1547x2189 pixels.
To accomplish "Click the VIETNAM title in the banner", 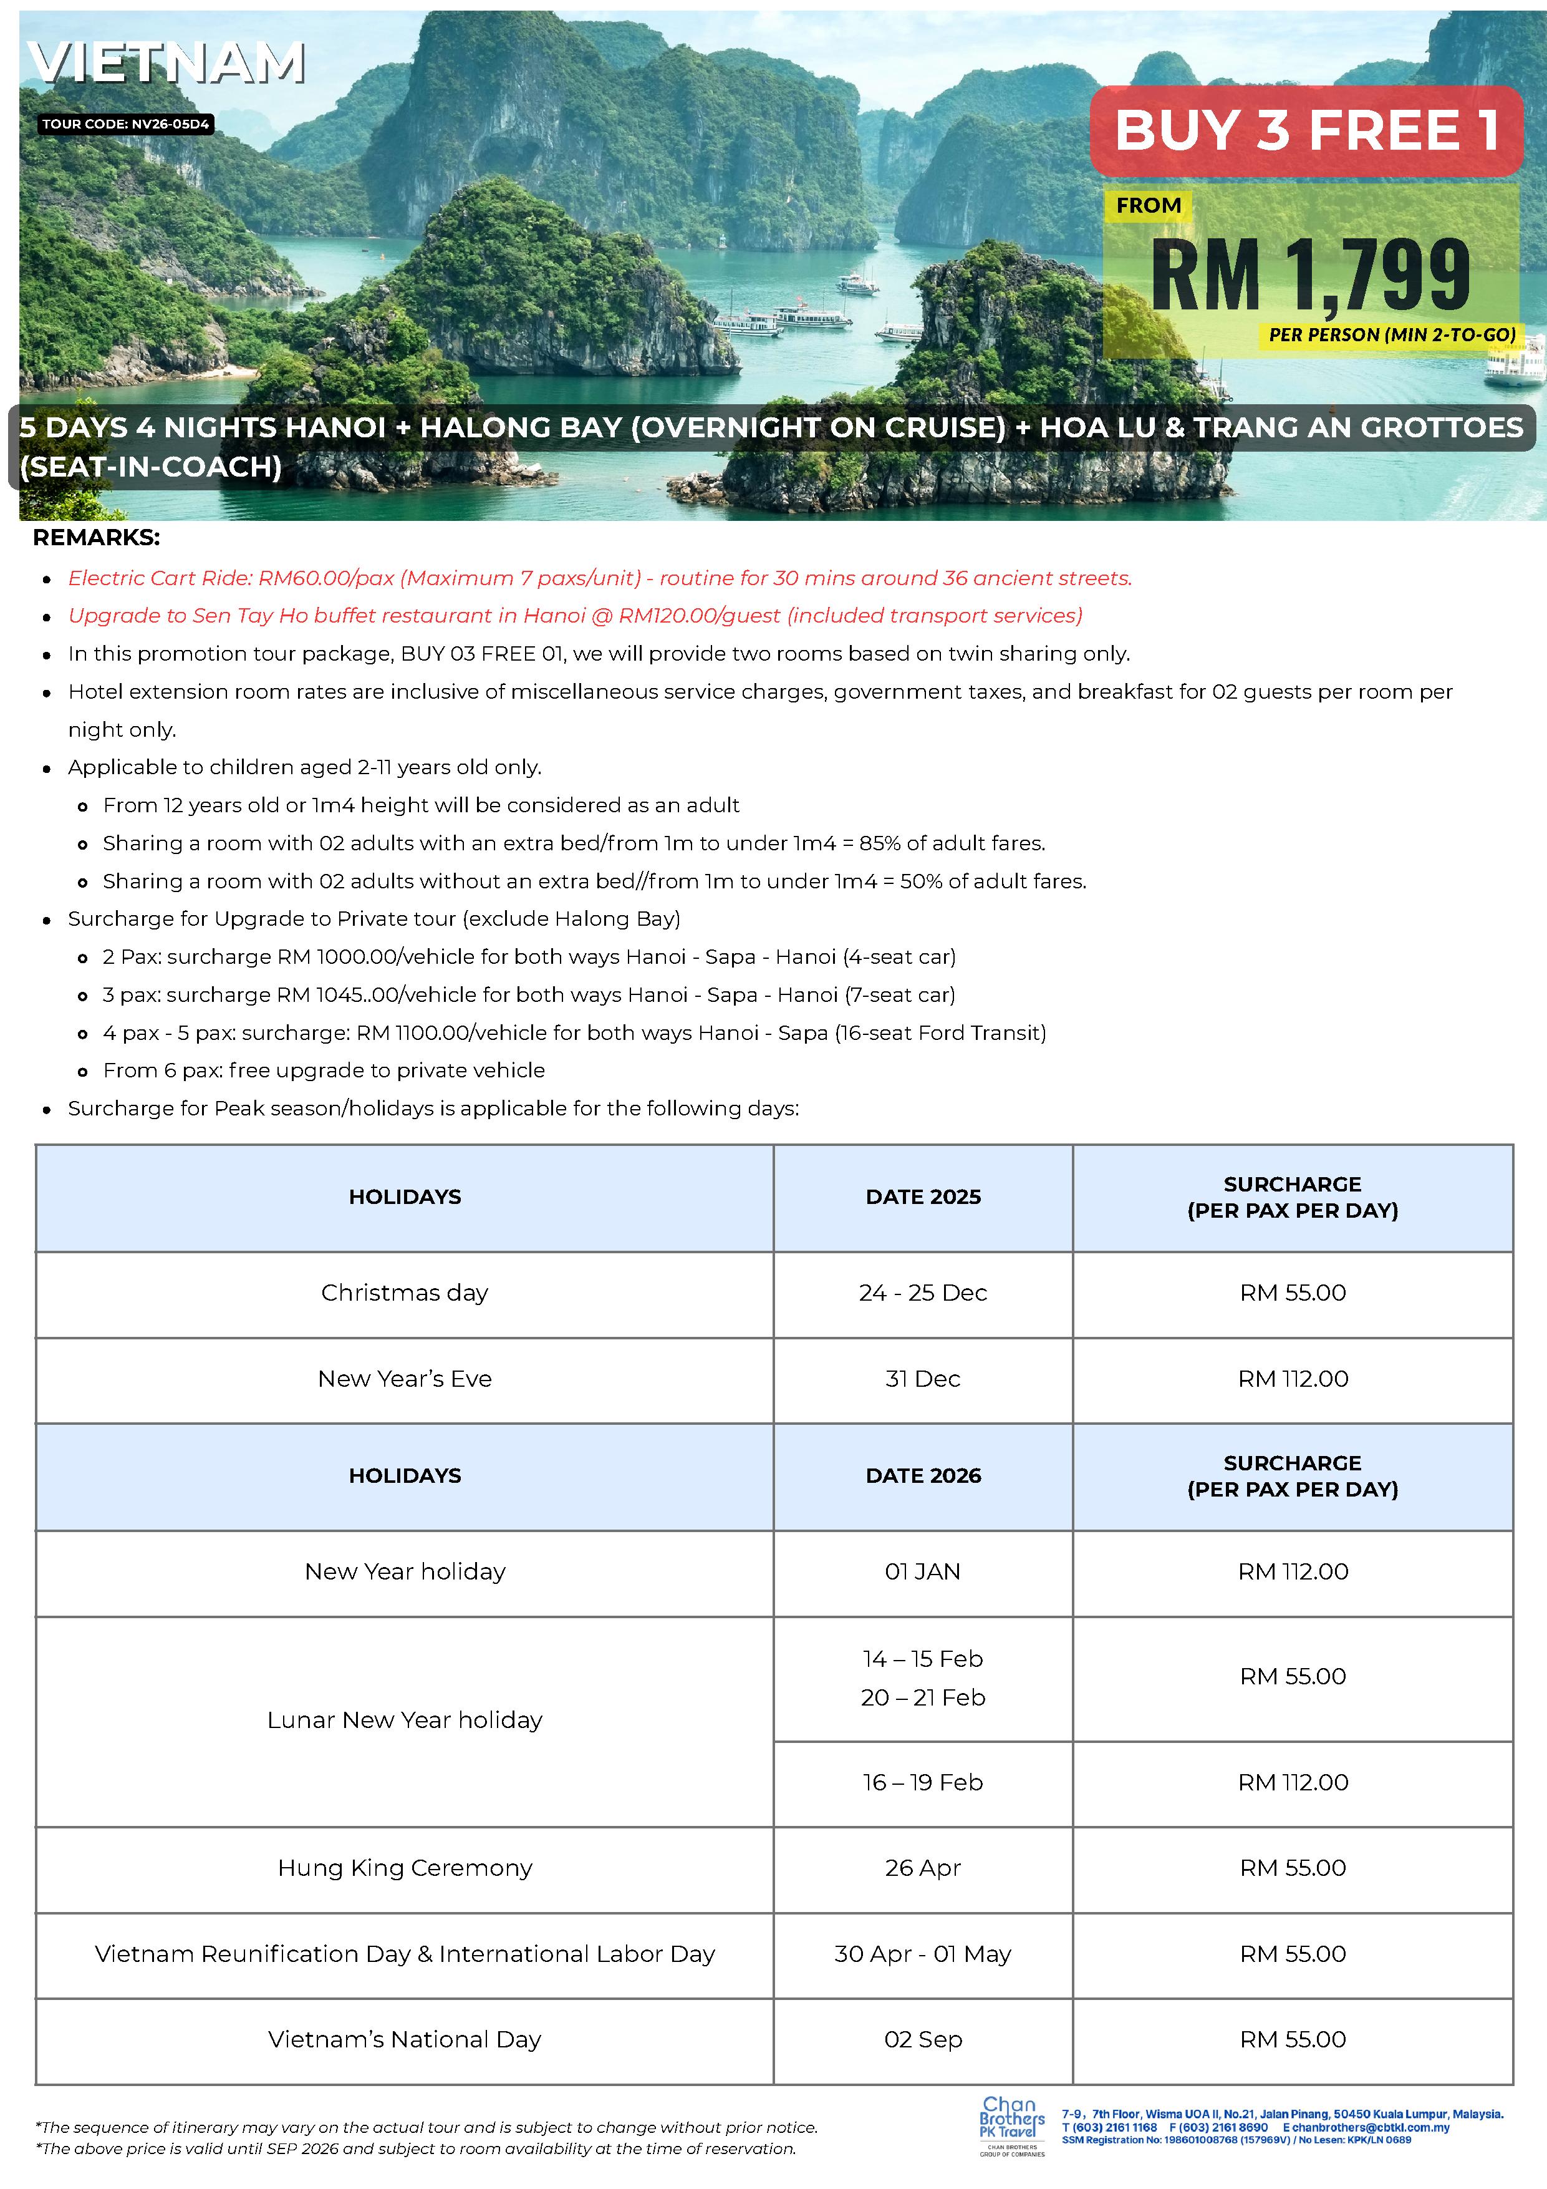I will point(167,63).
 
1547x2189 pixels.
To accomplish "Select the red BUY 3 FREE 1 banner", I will point(1306,130).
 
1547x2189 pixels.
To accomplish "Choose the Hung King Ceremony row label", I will point(404,1868).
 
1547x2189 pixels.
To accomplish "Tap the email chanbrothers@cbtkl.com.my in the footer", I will point(1370,2127).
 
